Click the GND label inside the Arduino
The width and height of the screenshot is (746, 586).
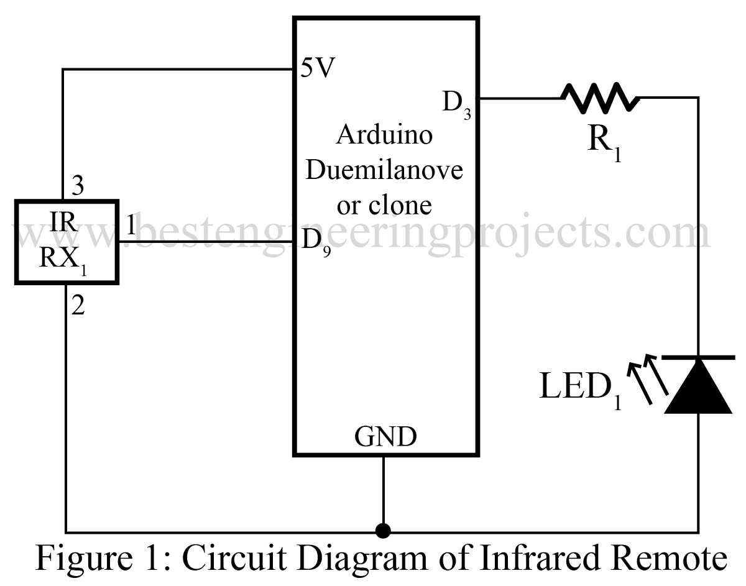385,437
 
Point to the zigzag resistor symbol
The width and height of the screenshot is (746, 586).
600,98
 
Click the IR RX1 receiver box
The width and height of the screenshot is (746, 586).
67,242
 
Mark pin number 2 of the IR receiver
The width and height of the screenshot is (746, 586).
78,307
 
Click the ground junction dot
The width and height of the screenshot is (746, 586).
384,531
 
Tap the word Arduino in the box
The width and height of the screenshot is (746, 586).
384,135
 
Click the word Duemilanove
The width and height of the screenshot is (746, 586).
384,169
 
